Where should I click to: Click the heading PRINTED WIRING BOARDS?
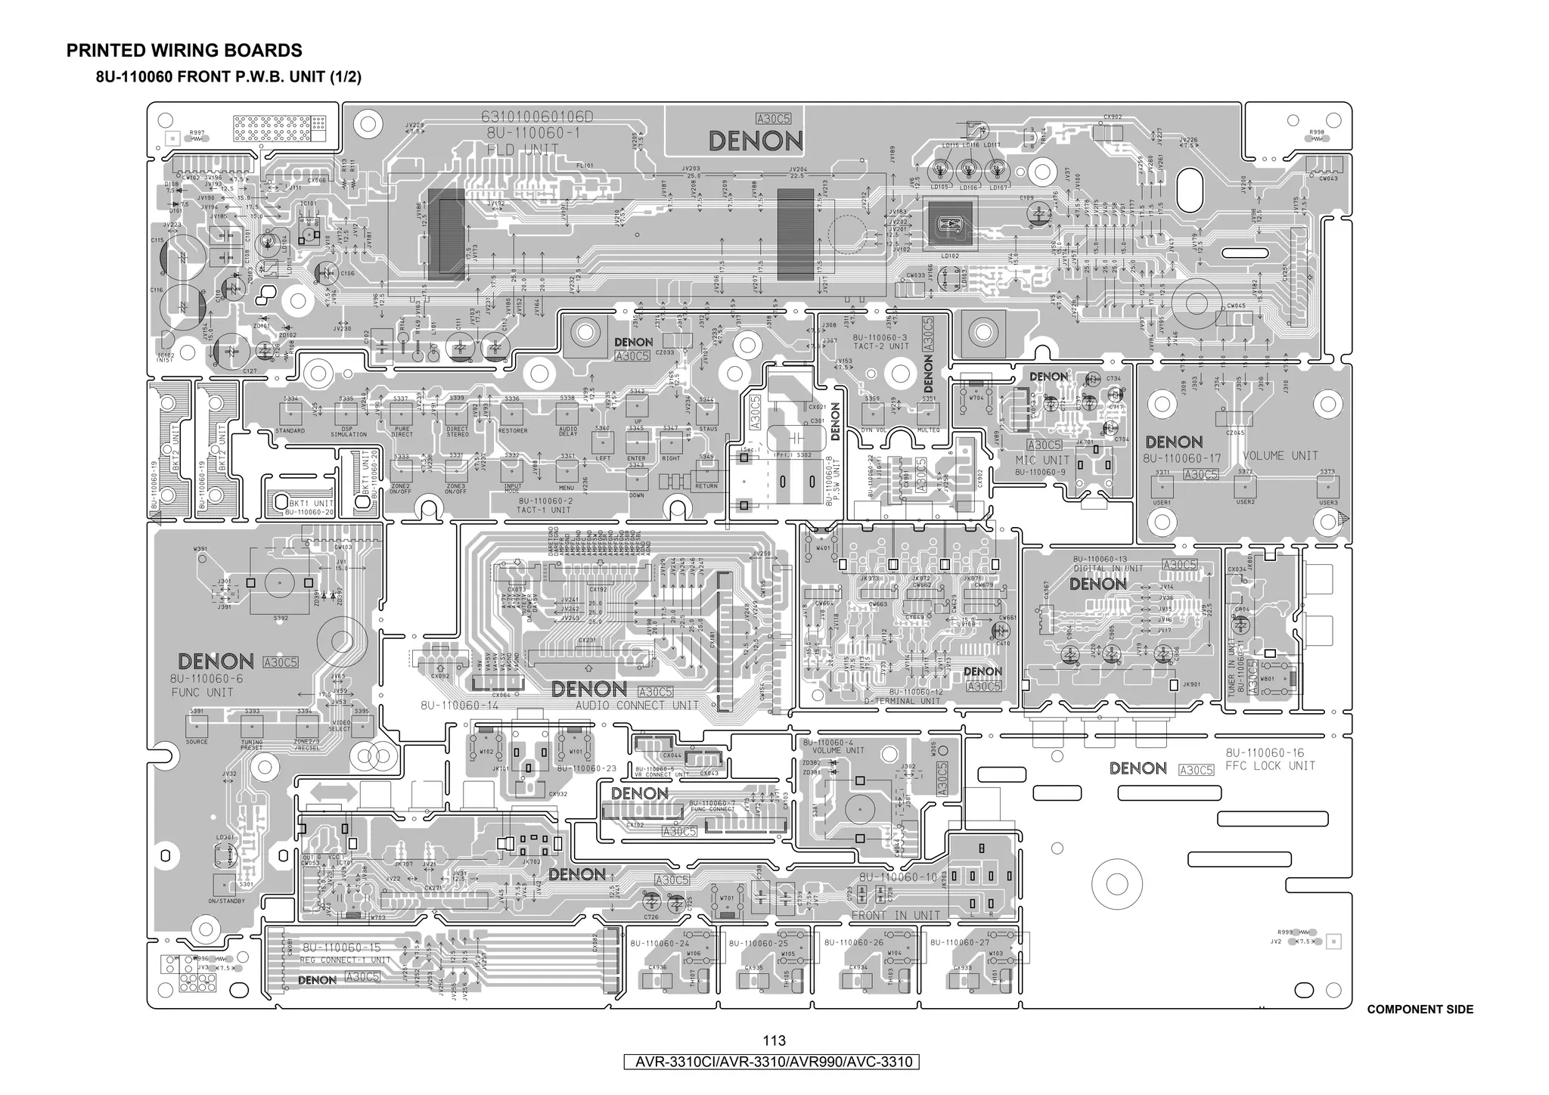[x=184, y=51]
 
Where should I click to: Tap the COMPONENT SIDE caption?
[x=1420, y=1010]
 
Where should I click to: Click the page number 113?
[x=774, y=1041]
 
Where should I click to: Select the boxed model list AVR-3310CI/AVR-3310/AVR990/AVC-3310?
[x=774, y=1062]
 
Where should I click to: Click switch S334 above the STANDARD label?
[x=290, y=413]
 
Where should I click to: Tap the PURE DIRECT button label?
[x=402, y=432]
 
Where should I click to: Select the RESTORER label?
[x=513, y=430]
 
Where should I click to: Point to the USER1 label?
[x=1162, y=502]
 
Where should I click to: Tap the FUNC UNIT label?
[x=202, y=692]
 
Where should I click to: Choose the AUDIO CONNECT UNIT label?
[x=637, y=706]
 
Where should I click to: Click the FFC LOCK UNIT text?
[x=1271, y=765]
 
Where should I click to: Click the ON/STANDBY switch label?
[x=225, y=901]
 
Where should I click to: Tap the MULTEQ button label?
[x=928, y=430]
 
